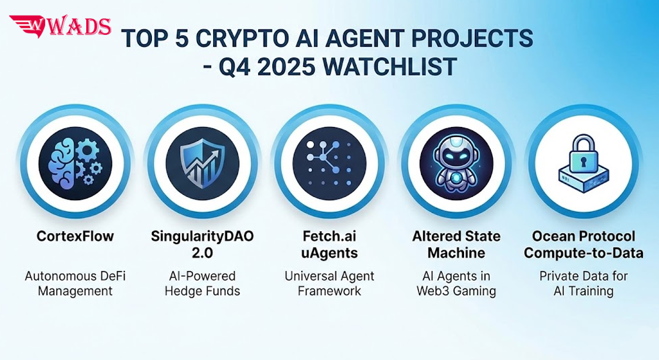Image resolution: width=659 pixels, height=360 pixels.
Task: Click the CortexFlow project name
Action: (75, 236)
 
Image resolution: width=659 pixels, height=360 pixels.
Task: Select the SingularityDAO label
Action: (203, 236)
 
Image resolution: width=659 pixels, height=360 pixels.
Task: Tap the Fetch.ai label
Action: (329, 236)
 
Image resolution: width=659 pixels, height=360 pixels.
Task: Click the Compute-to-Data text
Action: (583, 253)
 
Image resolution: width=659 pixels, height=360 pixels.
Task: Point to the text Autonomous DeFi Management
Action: (75, 283)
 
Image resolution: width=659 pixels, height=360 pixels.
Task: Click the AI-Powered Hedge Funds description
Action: (203, 283)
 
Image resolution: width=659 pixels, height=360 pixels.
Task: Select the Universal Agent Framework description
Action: (329, 283)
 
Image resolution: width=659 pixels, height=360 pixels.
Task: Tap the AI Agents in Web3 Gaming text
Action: (456, 283)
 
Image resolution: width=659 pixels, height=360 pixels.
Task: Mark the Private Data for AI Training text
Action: (583, 283)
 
